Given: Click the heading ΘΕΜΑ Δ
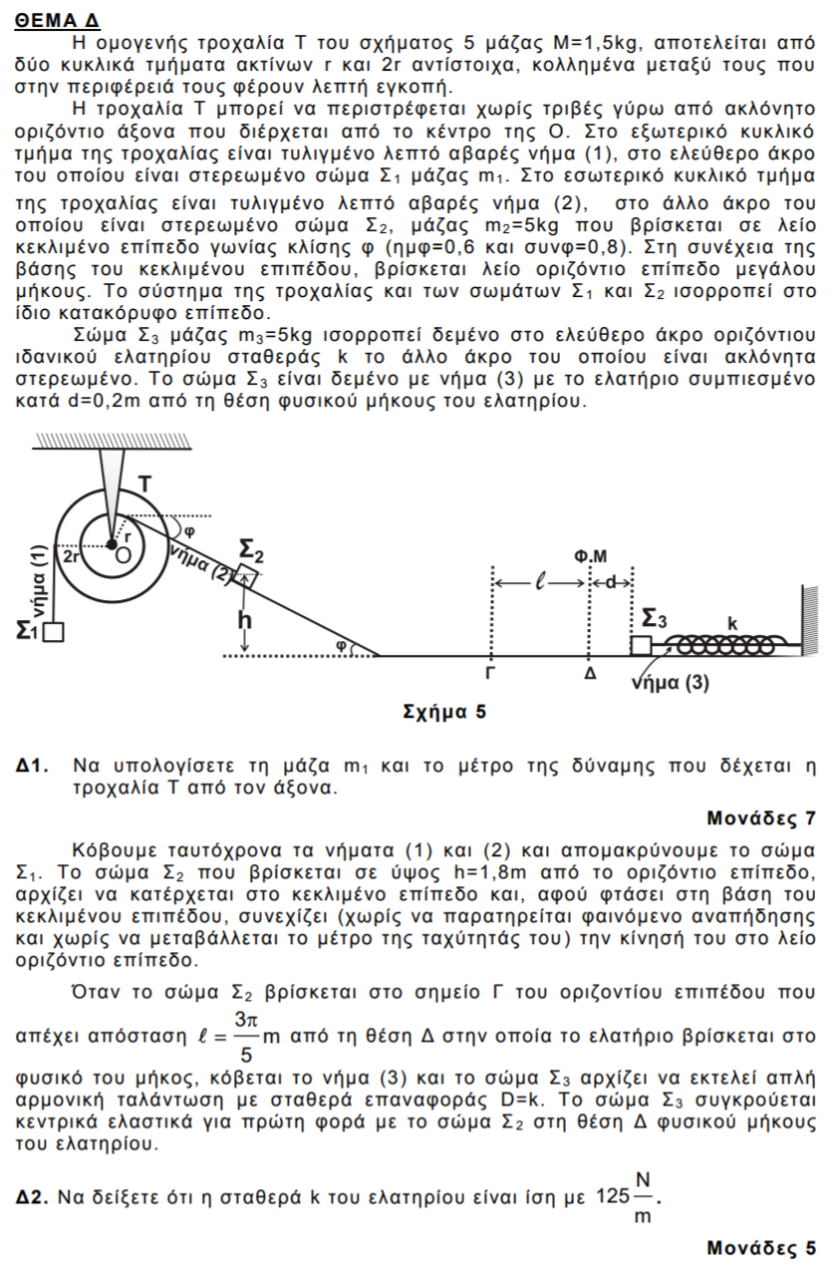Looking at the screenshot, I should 58,21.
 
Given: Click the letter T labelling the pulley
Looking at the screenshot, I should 144,483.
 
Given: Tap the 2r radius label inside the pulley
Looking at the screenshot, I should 73,557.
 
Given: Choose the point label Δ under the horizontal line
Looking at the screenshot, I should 590,675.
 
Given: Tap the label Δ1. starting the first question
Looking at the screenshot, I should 35,767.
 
